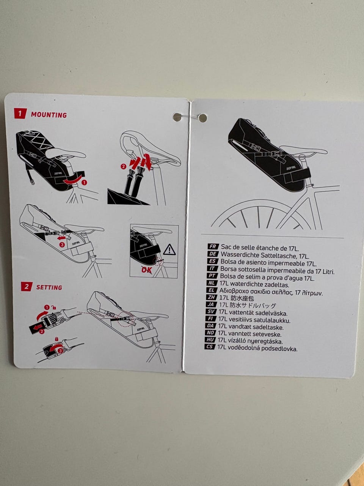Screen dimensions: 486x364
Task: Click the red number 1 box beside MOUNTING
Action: pyautogui.click(x=20, y=114)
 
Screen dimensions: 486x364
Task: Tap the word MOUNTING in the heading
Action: pyautogui.click(x=49, y=115)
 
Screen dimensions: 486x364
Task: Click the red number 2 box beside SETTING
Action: pyautogui.click(x=26, y=286)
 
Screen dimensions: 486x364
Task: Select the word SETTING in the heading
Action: pyautogui.click(x=49, y=287)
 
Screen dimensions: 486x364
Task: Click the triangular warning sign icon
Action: pyautogui.click(x=169, y=249)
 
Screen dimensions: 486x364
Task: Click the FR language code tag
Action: pyautogui.click(x=213, y=247)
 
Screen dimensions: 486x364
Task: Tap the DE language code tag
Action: pyautogui.click(x=213, y=254)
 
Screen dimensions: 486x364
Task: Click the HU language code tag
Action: pyautogui.click(x=210, y=340)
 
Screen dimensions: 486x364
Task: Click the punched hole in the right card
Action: pyautogui.click(x=203, y=118)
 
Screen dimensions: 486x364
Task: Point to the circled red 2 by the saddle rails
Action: pyautogui.click(x=123, y=166)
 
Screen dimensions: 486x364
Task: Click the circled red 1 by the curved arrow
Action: pyautogui.click(x=84, y=182)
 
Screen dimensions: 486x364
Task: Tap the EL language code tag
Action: pyautogui.click(x=212, y=290)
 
